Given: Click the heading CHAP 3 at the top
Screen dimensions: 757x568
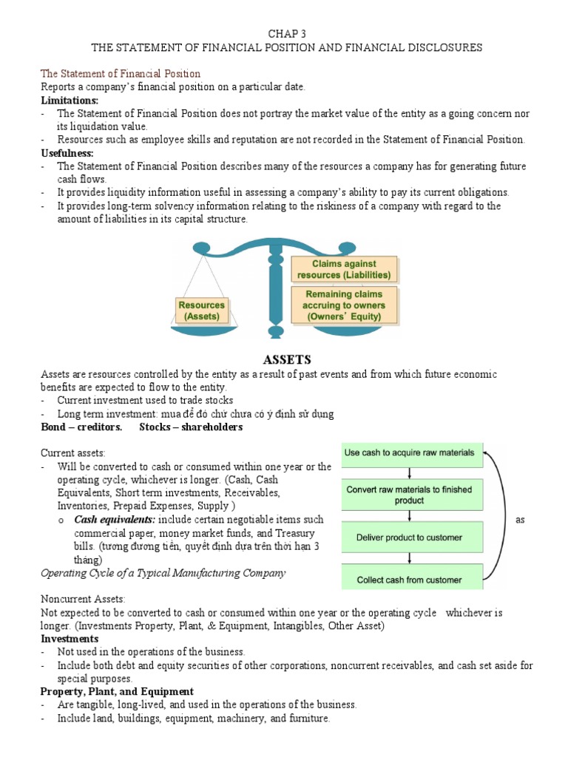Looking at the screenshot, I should (286, 33).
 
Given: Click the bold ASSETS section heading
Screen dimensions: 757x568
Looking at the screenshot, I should (286, 360).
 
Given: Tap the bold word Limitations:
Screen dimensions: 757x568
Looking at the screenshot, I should (69, 100).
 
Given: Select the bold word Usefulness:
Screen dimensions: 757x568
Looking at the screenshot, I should (67, 152).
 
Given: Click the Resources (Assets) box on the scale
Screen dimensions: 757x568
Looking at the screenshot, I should (201, 310).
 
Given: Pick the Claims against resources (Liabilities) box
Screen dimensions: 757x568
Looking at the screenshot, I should (344, 269).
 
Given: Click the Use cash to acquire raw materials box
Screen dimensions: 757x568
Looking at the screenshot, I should (412, 453).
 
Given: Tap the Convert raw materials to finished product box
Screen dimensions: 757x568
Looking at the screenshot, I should (412, 495).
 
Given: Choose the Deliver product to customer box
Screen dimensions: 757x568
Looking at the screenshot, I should (412, 537).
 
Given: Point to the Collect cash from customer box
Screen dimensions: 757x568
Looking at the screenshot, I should (412, 579).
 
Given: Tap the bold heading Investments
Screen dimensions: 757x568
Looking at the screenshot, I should (70, 638).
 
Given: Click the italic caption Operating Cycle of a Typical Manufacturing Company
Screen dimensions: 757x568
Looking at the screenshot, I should (163, 573).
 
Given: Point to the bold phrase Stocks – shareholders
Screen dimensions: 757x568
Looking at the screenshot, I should (191, 427).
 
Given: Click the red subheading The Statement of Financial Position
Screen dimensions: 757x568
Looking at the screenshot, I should (120, 74).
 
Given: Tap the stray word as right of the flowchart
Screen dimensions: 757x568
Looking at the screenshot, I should (520, 520).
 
